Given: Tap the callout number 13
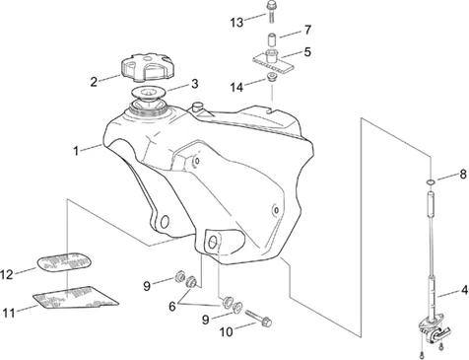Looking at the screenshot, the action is click(x=236, y=23).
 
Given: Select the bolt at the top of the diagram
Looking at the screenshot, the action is click(x=271, y=12).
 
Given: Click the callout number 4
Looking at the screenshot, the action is click(x=464, y=290).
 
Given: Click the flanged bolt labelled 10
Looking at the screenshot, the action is click(x=258, y=320).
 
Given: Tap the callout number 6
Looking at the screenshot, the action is click(x=172, y=306).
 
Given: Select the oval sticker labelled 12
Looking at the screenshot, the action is click(x=63, y=262).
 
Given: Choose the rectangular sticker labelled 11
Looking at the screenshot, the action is click(x=76, y=298).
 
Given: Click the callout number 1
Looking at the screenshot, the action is click(x=76, y=151).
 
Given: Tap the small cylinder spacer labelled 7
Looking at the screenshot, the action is click(x=271, y=39).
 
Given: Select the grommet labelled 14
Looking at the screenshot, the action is click(x=271, y=79).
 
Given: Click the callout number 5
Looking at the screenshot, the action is click(x=307, y=51).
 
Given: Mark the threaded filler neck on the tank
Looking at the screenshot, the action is click(x=150, y=108).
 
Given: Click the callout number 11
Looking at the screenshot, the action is click(x=9, y=313).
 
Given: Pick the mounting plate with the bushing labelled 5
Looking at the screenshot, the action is click(x=274, y=60).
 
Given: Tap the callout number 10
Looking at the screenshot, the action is click(x=226, y=332).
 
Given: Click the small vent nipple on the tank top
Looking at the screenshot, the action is click(x=197, y=107).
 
